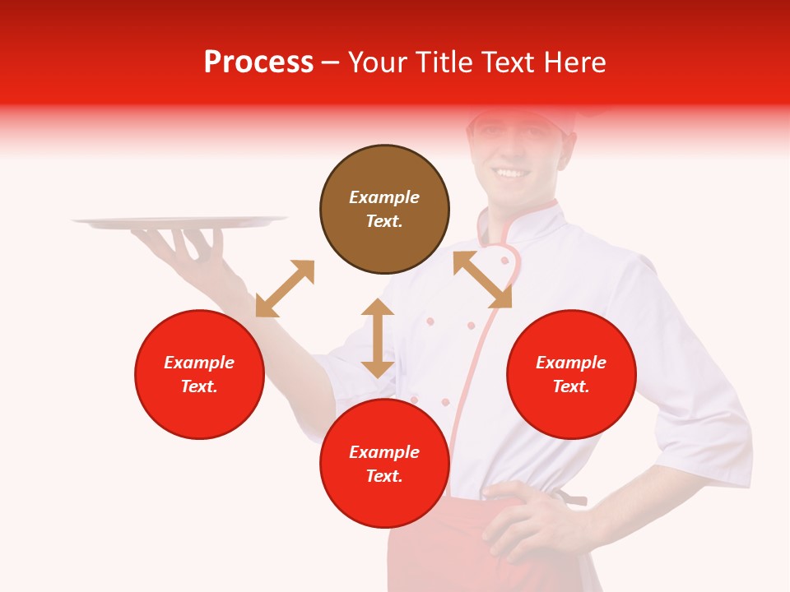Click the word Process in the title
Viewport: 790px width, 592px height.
pyautogui.click(x=258, y=62)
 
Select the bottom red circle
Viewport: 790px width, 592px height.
pyautogui.click(x=384, y=502)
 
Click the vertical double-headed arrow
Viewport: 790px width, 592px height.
pyautogui.click(x=378, y=338)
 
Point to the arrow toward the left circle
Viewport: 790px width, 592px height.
pyautogui.click(x=285, y=289)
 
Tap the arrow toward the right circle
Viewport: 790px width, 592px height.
pyautogui.click(x=482, y=280)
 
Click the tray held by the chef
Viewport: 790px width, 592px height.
pyautogui.click(x=180, y=221)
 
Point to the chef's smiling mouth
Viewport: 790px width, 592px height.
pyautogui.click(x=512, y=173)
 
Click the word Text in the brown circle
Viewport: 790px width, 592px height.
pyautogui.click(x=384, y=221)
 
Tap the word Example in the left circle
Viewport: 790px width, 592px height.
pyautogui.click(x=199, y=363)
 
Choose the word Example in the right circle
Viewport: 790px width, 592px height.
pyautogui.click(x=571, y=363)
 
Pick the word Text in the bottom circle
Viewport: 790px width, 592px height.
pyautogui.click(x=384, y=476)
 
